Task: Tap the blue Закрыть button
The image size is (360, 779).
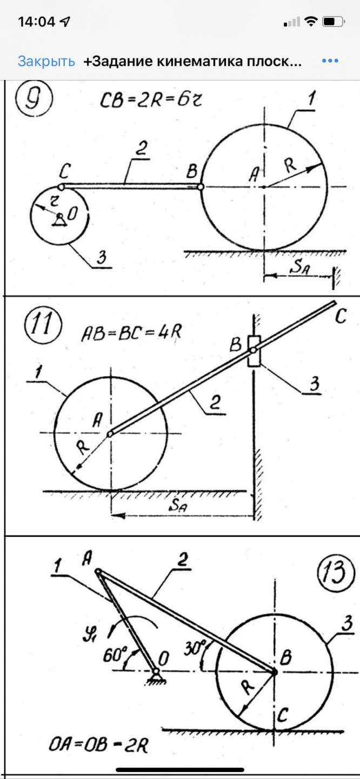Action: (46, 61)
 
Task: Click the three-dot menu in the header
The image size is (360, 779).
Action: (330, 61)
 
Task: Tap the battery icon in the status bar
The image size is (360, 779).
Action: (333, 22)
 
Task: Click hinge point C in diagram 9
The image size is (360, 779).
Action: (62, 187)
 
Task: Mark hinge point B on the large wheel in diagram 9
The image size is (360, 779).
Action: (201, 187)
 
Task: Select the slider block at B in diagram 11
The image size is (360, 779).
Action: (253, 351)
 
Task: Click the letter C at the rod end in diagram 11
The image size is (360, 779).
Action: (340, 317)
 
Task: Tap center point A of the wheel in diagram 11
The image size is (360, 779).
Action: (110, 433)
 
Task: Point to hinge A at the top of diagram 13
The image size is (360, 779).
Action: (98, 572)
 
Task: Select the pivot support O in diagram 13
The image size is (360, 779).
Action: (156, 672)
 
